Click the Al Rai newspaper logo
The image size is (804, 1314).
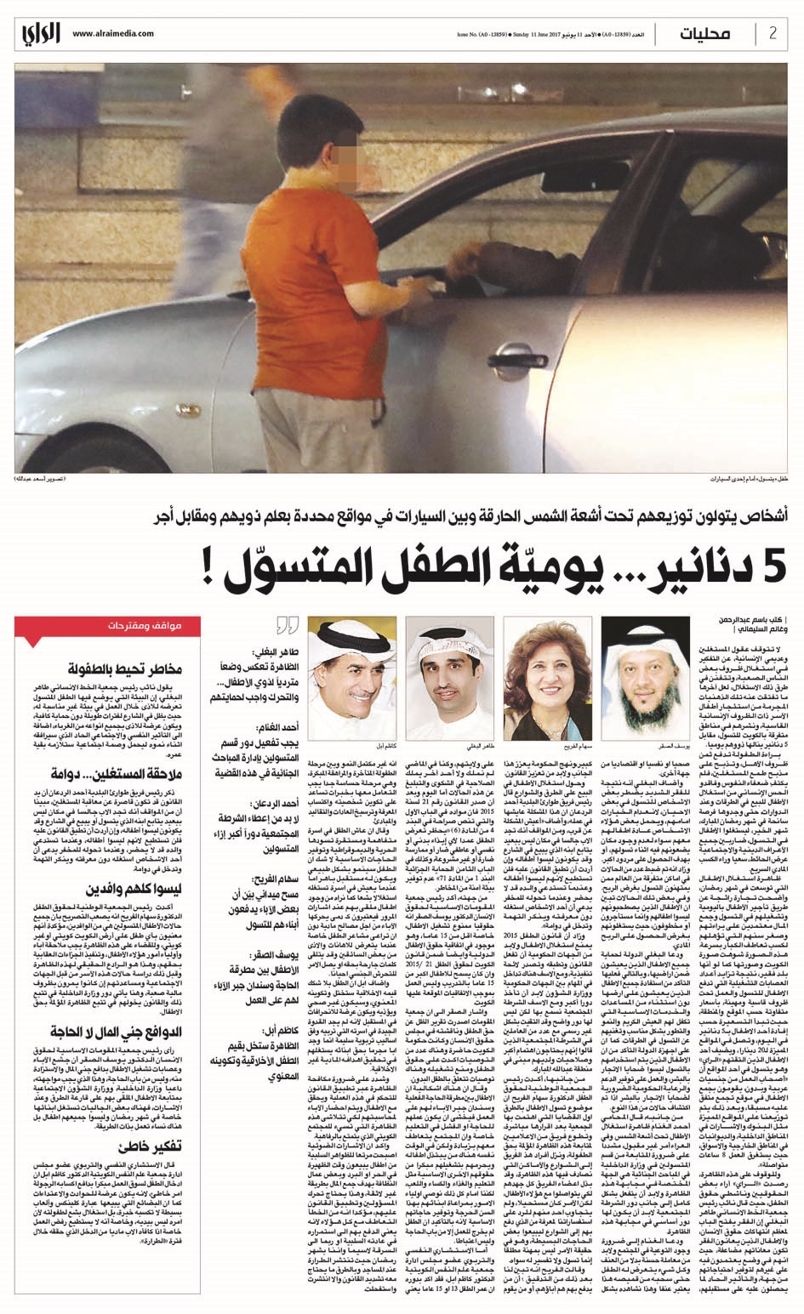[x=41, y=34]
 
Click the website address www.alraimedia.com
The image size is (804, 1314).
[x=113, y=34]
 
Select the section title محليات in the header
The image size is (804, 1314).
[x=706, y=34]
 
